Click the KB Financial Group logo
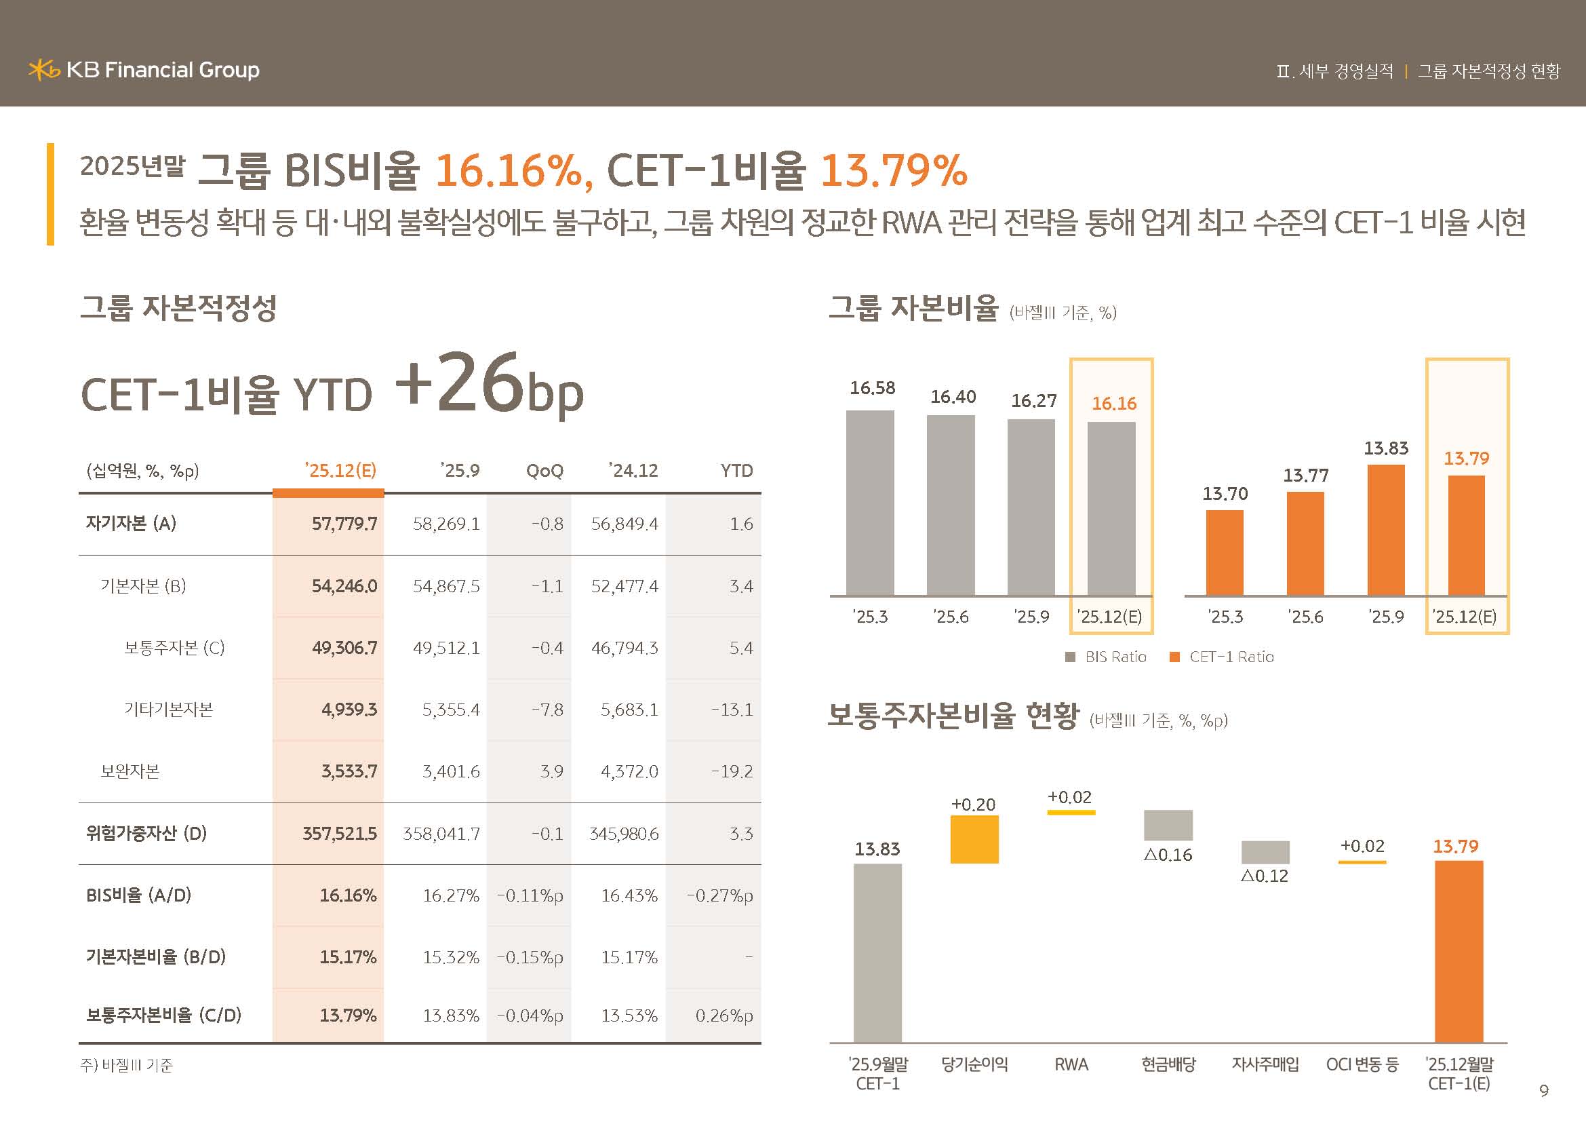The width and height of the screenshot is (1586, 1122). click(x=144, y=70)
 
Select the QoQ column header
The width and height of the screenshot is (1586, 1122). click(x=544, y=471)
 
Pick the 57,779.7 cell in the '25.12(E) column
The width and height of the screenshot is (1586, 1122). click(x=344, y=524)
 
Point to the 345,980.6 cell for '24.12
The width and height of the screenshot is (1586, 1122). click(x=624, y=834)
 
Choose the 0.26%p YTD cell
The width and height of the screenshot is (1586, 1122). click(x=723, y=1015)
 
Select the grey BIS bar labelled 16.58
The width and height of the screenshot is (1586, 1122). click(x=870, y=503)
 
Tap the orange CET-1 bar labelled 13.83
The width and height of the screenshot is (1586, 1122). click(x=1386, y=530)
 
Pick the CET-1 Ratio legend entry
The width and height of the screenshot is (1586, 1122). click(x=1222, y=657)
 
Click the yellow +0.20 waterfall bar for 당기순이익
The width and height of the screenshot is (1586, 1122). click(x=974, y=839)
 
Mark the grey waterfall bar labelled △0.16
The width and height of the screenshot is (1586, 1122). click(x=1168, y=825)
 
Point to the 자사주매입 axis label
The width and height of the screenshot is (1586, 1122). click(x=1265, y=1064)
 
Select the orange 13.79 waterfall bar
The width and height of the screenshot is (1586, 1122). click(x=1459, y=951)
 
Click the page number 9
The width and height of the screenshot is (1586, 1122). click(x=1544, y=1091)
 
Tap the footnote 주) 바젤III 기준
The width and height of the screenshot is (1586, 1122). click(x=126, y=1065)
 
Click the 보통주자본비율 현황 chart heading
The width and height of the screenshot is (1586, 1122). click(x=953, y=716)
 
